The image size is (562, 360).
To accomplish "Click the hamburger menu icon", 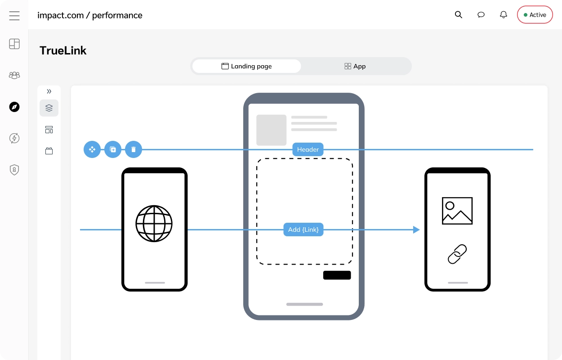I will click(14, 16).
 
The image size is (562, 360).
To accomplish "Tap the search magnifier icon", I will click(459, 15).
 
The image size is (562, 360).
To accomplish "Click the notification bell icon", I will click(504, 15).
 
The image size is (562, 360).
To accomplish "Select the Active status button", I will click(535, 15).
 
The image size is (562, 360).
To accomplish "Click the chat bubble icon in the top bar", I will click(481, 15).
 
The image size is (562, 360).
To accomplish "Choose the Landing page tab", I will click(246, 66).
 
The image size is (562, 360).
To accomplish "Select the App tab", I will click(355, 66).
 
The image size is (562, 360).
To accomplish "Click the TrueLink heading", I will click(63, 50).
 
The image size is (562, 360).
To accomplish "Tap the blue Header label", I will click(308, 149).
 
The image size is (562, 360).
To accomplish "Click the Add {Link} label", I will click(303, 229).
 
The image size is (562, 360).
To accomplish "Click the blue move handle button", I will click(92, 149).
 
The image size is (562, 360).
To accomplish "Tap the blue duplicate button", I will click(113, 149).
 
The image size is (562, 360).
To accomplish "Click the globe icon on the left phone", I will click(154, 224).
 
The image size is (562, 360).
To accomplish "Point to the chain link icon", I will click(457, 254).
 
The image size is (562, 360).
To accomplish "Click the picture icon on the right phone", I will click(457, 211).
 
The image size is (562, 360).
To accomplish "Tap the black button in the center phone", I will click(337, 275).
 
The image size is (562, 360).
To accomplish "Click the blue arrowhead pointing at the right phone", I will click(416, 229).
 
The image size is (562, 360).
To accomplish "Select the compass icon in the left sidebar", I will click(14, 107).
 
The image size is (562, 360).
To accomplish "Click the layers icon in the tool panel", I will click(49, 108).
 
